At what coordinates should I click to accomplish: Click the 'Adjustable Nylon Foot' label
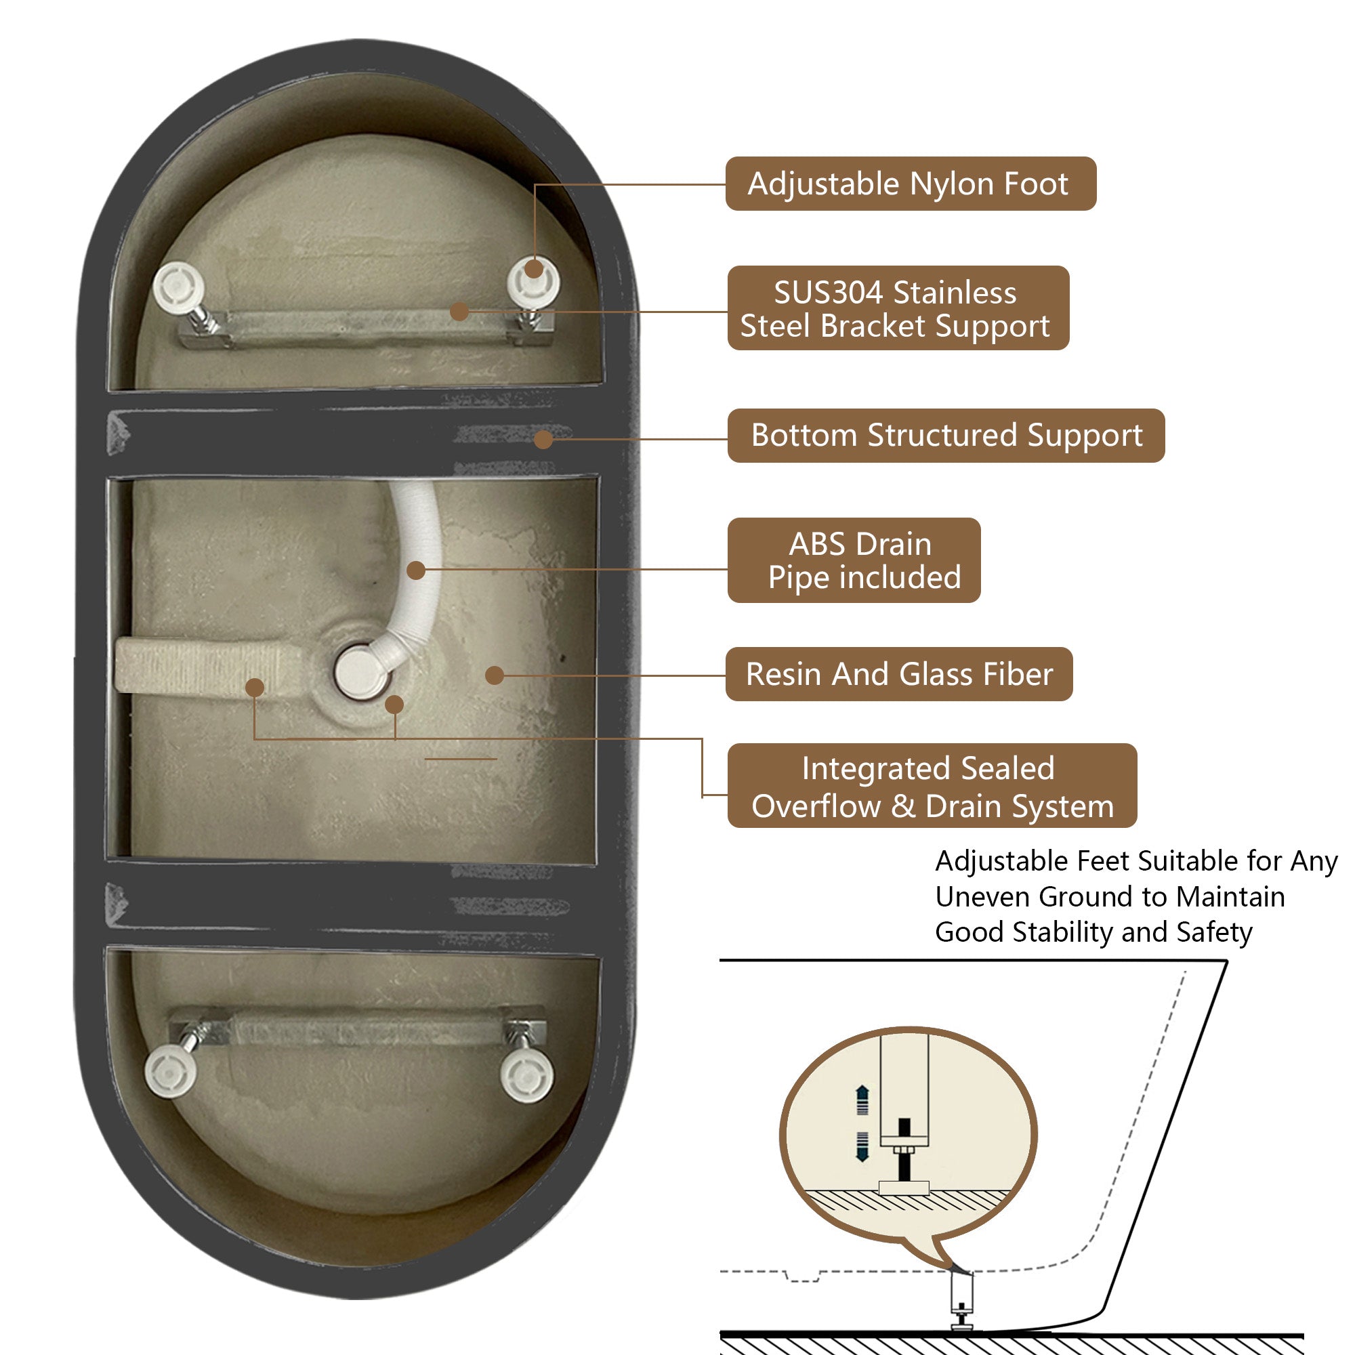[x=911, y=184]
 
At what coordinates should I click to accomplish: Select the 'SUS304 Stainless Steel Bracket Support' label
[x=898, y=308]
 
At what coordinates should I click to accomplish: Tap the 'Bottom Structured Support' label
[x=946, y=435]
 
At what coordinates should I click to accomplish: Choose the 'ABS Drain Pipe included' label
[x=854, y=560]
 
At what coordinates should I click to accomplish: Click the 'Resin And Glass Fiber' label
[x=899, y=674]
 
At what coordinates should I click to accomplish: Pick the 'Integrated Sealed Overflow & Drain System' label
[x=932, y=785]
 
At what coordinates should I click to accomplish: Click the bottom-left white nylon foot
[x=171, y=1071]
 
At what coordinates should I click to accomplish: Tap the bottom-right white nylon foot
[x=526, y=1075]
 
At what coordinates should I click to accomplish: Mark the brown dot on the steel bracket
[x=459, y=312]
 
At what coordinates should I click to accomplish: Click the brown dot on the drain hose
[x=416, y=570]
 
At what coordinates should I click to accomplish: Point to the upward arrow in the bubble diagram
[x=862, y=1100]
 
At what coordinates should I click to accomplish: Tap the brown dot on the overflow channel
[x=255, y=687]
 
